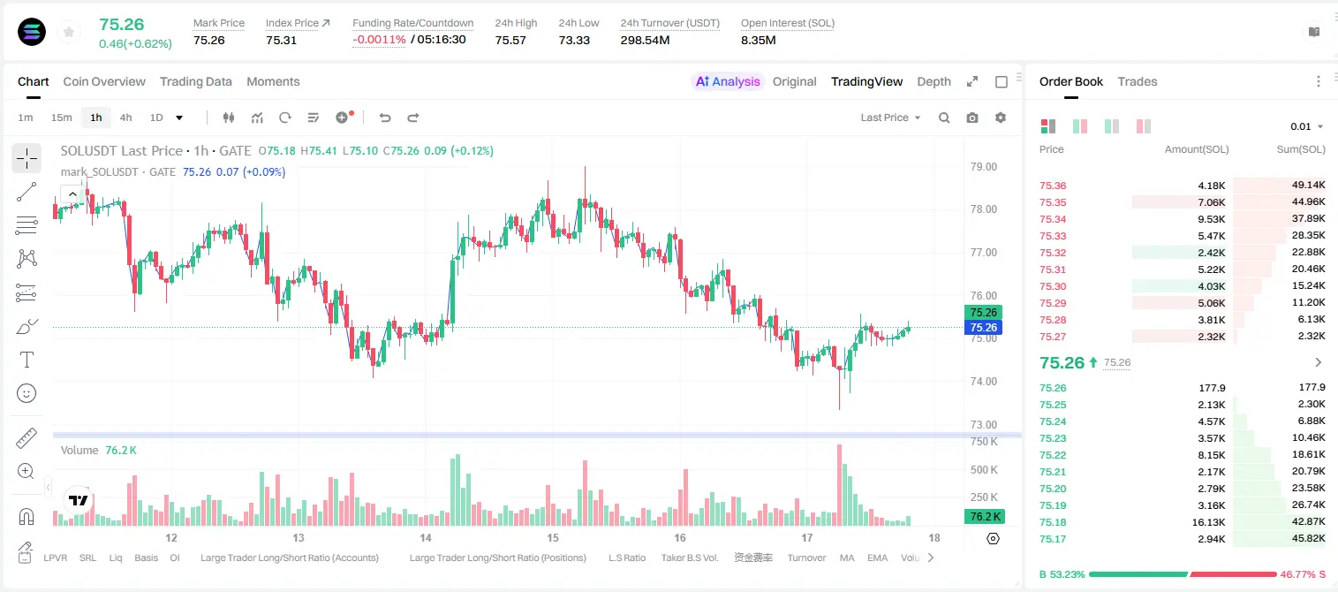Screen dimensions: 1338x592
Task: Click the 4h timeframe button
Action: click(125, 118)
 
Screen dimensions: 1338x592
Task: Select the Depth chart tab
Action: click(934, 82)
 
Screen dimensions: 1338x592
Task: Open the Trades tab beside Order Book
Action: click(1138, 82)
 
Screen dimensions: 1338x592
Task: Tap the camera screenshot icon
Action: click(972, 118)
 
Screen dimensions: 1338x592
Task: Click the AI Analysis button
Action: click(728, 82)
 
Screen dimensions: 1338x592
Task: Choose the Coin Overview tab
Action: click(104, 82)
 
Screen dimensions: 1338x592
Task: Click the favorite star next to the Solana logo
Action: click(69, 32)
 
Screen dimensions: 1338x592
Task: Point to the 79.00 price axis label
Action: click(983, 167)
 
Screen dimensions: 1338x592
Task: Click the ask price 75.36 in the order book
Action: click(1053, 186)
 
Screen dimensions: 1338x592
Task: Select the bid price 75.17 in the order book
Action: click(1053, 539)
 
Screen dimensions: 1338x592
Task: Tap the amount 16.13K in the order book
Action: click(1208, 522)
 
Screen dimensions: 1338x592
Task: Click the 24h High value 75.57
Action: click(510, 40)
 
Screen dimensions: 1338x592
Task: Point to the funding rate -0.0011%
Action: click(379, 40)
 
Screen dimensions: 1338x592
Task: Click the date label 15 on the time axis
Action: click(553, 537)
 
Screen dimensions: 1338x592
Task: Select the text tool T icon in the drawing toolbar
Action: click(26, 360)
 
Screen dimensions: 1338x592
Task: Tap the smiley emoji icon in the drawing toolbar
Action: click(26, 393)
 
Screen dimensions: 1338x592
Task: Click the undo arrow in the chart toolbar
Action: click(385, 118)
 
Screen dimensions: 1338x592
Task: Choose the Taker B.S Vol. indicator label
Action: click(689, 558)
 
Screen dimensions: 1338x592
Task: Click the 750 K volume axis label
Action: click(985, 442)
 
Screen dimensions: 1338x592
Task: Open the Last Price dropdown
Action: click(890, 118)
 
